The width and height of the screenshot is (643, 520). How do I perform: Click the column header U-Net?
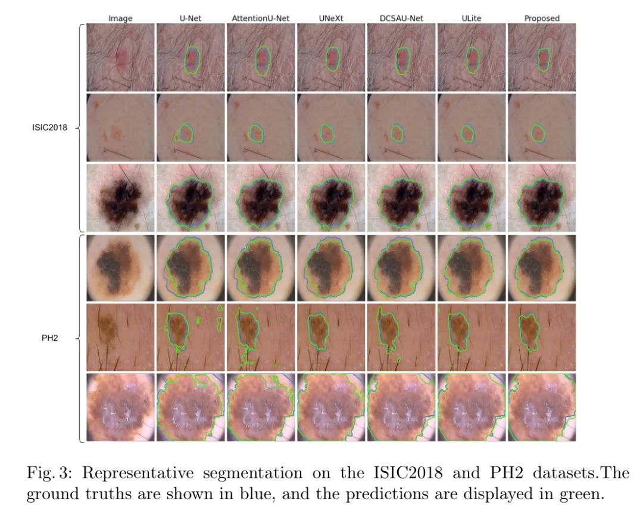coord(191,18)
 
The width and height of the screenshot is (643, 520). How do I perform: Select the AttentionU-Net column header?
coord(261,18)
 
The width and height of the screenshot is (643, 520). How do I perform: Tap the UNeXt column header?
coord(331,18)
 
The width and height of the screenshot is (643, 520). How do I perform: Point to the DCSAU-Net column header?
coord(401,18)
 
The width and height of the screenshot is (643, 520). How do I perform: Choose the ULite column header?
coord(472,18)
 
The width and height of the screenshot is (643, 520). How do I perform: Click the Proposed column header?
coord(542,18)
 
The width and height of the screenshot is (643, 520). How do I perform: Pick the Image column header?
coord(120,18)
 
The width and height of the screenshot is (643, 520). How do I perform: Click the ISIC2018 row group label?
coord(49,127)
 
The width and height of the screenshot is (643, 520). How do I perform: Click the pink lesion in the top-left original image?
coord(121,58)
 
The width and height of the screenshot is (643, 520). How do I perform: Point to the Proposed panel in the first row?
coord(542,57)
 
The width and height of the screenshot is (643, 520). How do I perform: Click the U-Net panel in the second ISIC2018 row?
coord(191,127)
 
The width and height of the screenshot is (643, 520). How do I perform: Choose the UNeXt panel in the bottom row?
coord(331,407)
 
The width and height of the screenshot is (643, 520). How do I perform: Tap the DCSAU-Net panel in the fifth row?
coord(401,337)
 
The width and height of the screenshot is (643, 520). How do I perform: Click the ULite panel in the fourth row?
coord(472,267)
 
